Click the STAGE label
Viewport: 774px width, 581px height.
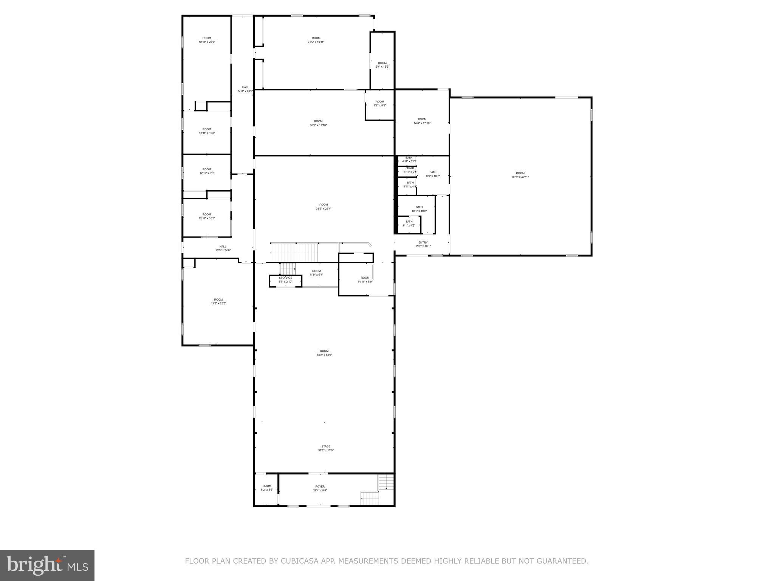(x=326, y=446)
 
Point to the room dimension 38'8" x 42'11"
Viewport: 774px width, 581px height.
(x=520, y=177)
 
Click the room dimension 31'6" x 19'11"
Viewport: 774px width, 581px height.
(x=316, y=42)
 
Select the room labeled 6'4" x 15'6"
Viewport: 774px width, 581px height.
(x=382, y=65)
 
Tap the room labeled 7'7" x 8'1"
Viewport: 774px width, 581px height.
(x=379, y=103)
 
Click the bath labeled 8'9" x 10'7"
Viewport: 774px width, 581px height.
(x=433, y=174)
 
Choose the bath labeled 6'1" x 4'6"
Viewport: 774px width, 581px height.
(x=409, y=224)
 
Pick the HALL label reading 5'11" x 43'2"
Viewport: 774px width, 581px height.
(x=245, y=89)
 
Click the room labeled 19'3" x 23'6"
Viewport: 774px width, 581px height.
(x=218, y=301)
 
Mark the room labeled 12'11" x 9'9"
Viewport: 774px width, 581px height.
(x=206, y=171)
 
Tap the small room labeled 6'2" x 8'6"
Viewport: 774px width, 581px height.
(x=267, y=488)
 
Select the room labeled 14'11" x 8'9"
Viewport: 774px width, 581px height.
(x=365, y=280)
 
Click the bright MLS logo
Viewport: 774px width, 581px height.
(x=47, y=565)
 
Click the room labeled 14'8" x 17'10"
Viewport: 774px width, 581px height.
(x=422, y=121)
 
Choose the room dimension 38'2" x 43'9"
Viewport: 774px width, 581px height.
(x=324, y=355)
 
